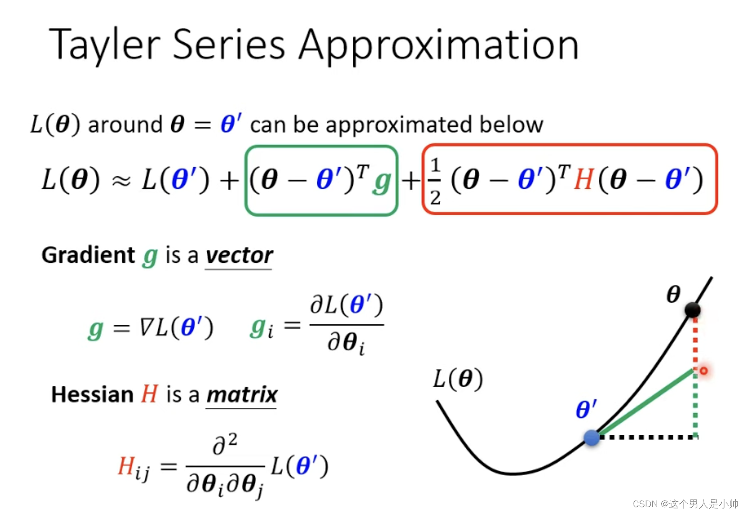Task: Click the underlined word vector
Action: point(239,255)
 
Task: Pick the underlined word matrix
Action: point(242,395)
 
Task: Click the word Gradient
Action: point(88,255)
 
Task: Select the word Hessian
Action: point(92,394)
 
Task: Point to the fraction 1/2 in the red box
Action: point(435,181)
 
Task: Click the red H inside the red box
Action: point(584,180)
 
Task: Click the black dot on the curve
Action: point(692,310)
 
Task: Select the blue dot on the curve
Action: point(592,437)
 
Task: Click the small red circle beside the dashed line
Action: point(704,371)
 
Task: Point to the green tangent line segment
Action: point(646,403)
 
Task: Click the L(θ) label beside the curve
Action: point(458,379)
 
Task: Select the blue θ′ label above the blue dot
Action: point(586,409)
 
